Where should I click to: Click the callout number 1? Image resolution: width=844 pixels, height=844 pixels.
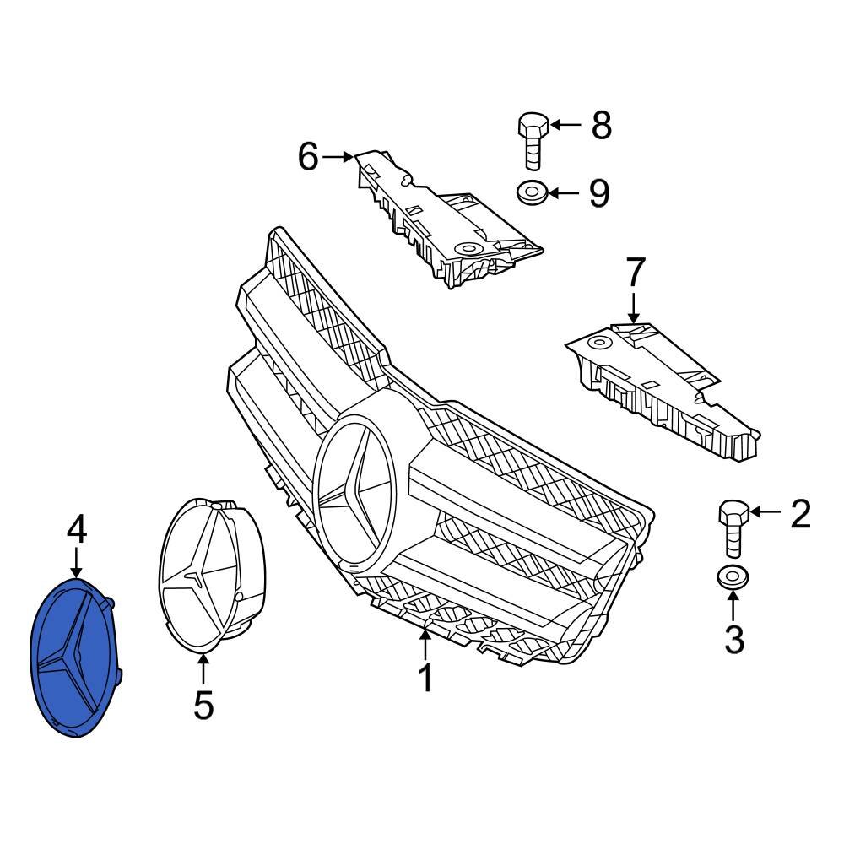pyautogui.click(x=426, y=678)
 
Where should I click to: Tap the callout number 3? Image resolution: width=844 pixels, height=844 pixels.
pyautogui.click(x=734, y=639)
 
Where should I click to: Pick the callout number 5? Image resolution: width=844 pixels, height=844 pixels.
pyautogui.click(x=203, y=705)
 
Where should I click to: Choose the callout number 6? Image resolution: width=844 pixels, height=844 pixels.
pyautogui.click(x=308, y=156)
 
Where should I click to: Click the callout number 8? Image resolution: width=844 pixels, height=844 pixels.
pyautogui.click(x=600, y=126)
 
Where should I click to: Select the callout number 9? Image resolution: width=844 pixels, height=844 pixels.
pyautogui.click(x=598, y=193)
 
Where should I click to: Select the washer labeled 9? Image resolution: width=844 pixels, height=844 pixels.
pyautogui.click(x=531, y=193)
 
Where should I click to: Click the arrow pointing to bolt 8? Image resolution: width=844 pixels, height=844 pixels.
pyautogui.click(x=565, y=126)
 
